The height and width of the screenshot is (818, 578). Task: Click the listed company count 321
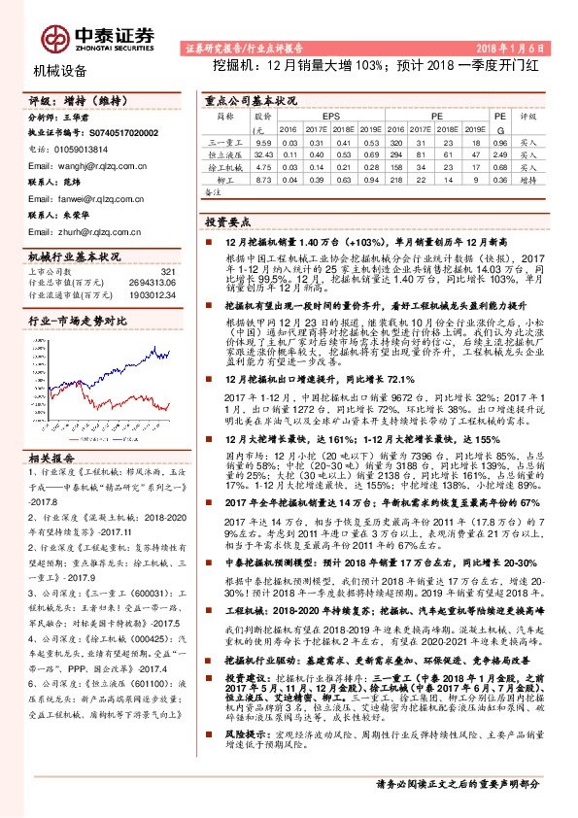pyautogui.click(x=167, y=271)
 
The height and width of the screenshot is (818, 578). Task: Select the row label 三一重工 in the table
pyautogui.click(x=224, y=142)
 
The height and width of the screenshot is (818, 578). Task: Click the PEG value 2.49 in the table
pyautogui.click(x=500, y=153)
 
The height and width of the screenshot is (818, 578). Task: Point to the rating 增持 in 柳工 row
pyautogui.click(x=528, y=179)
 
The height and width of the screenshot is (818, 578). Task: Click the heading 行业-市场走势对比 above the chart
pyautogui.click(x=78, y=321)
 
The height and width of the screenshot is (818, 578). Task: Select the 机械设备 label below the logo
pyautogui.click(x=59, y=71)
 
